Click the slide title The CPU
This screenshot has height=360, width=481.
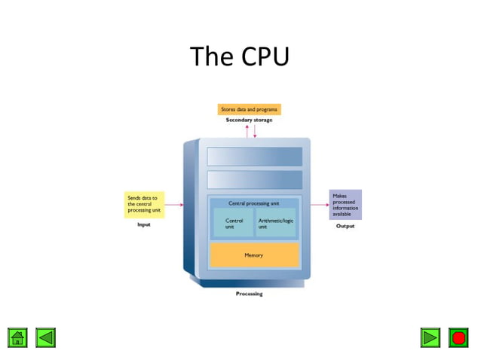240,56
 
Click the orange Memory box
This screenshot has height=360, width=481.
254,255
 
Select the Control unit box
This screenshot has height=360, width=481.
234,223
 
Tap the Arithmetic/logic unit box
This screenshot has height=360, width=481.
275,223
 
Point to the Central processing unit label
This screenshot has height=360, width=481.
254,203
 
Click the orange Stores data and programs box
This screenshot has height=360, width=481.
249,110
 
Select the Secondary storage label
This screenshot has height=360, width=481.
249,121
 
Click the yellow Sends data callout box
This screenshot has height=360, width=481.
144,205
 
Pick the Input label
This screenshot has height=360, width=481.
143,224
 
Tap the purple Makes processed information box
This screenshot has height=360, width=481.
345,205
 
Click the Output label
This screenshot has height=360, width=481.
345,226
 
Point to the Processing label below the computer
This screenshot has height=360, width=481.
249,294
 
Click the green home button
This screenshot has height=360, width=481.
18,337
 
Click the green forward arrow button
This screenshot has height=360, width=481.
430,337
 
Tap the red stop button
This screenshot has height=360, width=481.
458,337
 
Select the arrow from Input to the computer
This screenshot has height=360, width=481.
173,205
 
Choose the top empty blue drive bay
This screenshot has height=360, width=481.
254,156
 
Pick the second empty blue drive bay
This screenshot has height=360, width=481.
254,179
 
